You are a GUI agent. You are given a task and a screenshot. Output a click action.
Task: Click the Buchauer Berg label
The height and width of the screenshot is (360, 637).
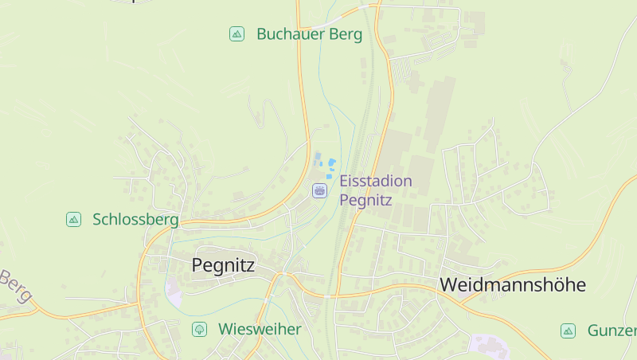(x=309, y=34)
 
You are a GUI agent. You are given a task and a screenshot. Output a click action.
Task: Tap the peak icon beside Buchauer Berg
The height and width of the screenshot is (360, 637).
(x=236, y=33)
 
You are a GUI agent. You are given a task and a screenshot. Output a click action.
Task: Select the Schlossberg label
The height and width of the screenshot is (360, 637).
(x=135, y=219)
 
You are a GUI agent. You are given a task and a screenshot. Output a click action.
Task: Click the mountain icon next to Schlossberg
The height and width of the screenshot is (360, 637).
(x=73, y=219)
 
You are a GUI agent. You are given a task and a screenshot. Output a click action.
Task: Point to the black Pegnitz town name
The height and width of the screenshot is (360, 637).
(x=223, y=265)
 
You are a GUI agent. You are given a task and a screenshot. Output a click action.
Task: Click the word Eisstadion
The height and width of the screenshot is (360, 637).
(x=376, y=181)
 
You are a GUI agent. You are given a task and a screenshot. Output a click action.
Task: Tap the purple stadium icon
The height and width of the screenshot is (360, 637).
(x=319, y=190)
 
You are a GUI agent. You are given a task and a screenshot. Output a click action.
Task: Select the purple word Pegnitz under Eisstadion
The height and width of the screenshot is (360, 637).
(x=366, y=200)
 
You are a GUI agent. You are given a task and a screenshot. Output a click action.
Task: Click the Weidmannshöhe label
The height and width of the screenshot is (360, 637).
(x=512, y=284)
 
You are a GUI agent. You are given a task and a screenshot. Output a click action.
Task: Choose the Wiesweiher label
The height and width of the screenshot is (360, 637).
(x=260, y=329)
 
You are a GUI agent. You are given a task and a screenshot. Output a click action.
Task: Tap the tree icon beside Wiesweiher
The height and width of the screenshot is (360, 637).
(x=198, y=329)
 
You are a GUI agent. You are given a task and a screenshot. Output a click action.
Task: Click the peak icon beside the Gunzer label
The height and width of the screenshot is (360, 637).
(x=568, y=331)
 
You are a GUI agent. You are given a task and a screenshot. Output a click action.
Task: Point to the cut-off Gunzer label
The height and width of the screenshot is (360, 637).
(x=612, y=331)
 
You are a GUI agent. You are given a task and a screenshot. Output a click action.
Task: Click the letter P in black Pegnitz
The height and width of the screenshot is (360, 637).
(x=197, y=265)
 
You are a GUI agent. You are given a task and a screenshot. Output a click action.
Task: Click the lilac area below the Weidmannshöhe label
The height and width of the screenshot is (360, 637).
(x=487, y=344)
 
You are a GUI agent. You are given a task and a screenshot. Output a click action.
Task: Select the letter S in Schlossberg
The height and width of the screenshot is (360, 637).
(x=98, y=219)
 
